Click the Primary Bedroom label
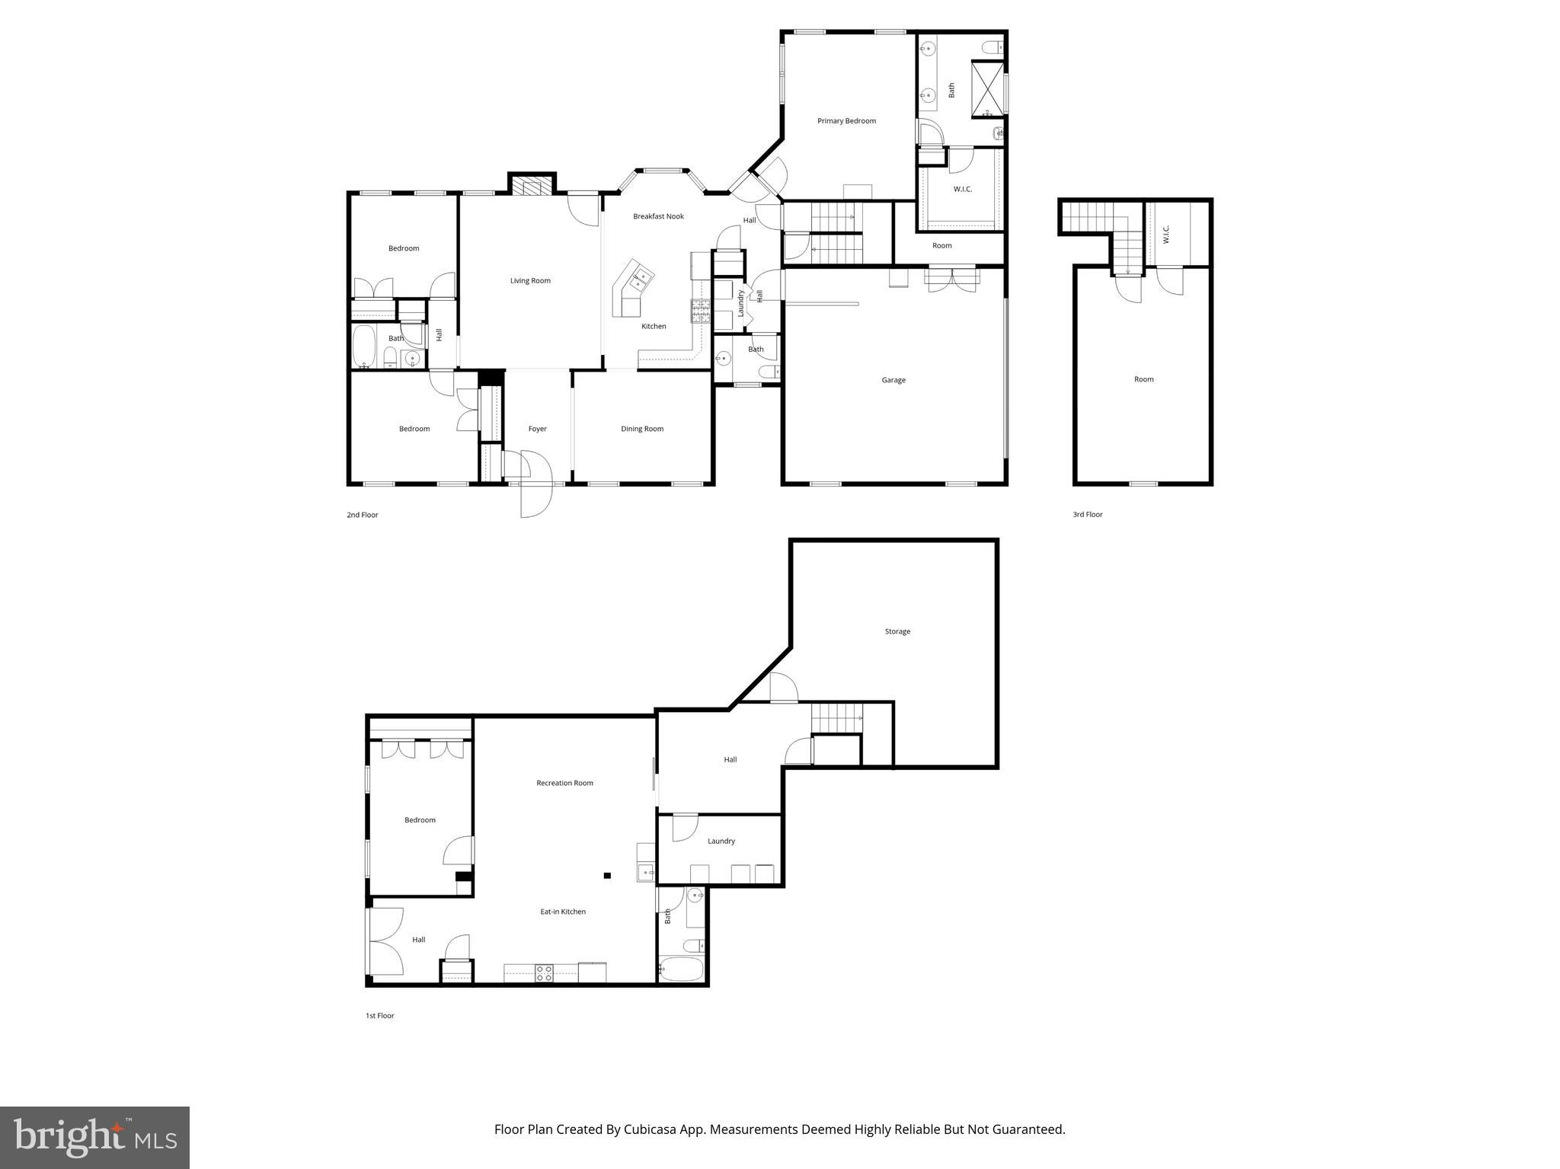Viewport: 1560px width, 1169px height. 846,121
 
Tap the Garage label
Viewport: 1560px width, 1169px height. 893,380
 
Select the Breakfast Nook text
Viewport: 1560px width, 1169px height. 658,216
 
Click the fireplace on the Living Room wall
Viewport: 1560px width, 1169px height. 531,186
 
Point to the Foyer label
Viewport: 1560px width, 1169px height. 537,429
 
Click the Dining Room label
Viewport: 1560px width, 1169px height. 642,429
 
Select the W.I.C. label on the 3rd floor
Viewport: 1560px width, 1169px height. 1165,234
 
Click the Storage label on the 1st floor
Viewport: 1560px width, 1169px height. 897,631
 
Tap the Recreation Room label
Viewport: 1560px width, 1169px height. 564,783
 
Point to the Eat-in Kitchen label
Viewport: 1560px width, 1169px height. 563,912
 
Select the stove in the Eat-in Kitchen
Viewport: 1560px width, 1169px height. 544,973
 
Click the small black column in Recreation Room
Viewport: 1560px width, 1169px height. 607,876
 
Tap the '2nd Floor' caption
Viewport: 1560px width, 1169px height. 363,515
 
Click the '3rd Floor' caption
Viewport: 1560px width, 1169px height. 1088,515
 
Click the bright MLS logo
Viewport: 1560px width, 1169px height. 94,1137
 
